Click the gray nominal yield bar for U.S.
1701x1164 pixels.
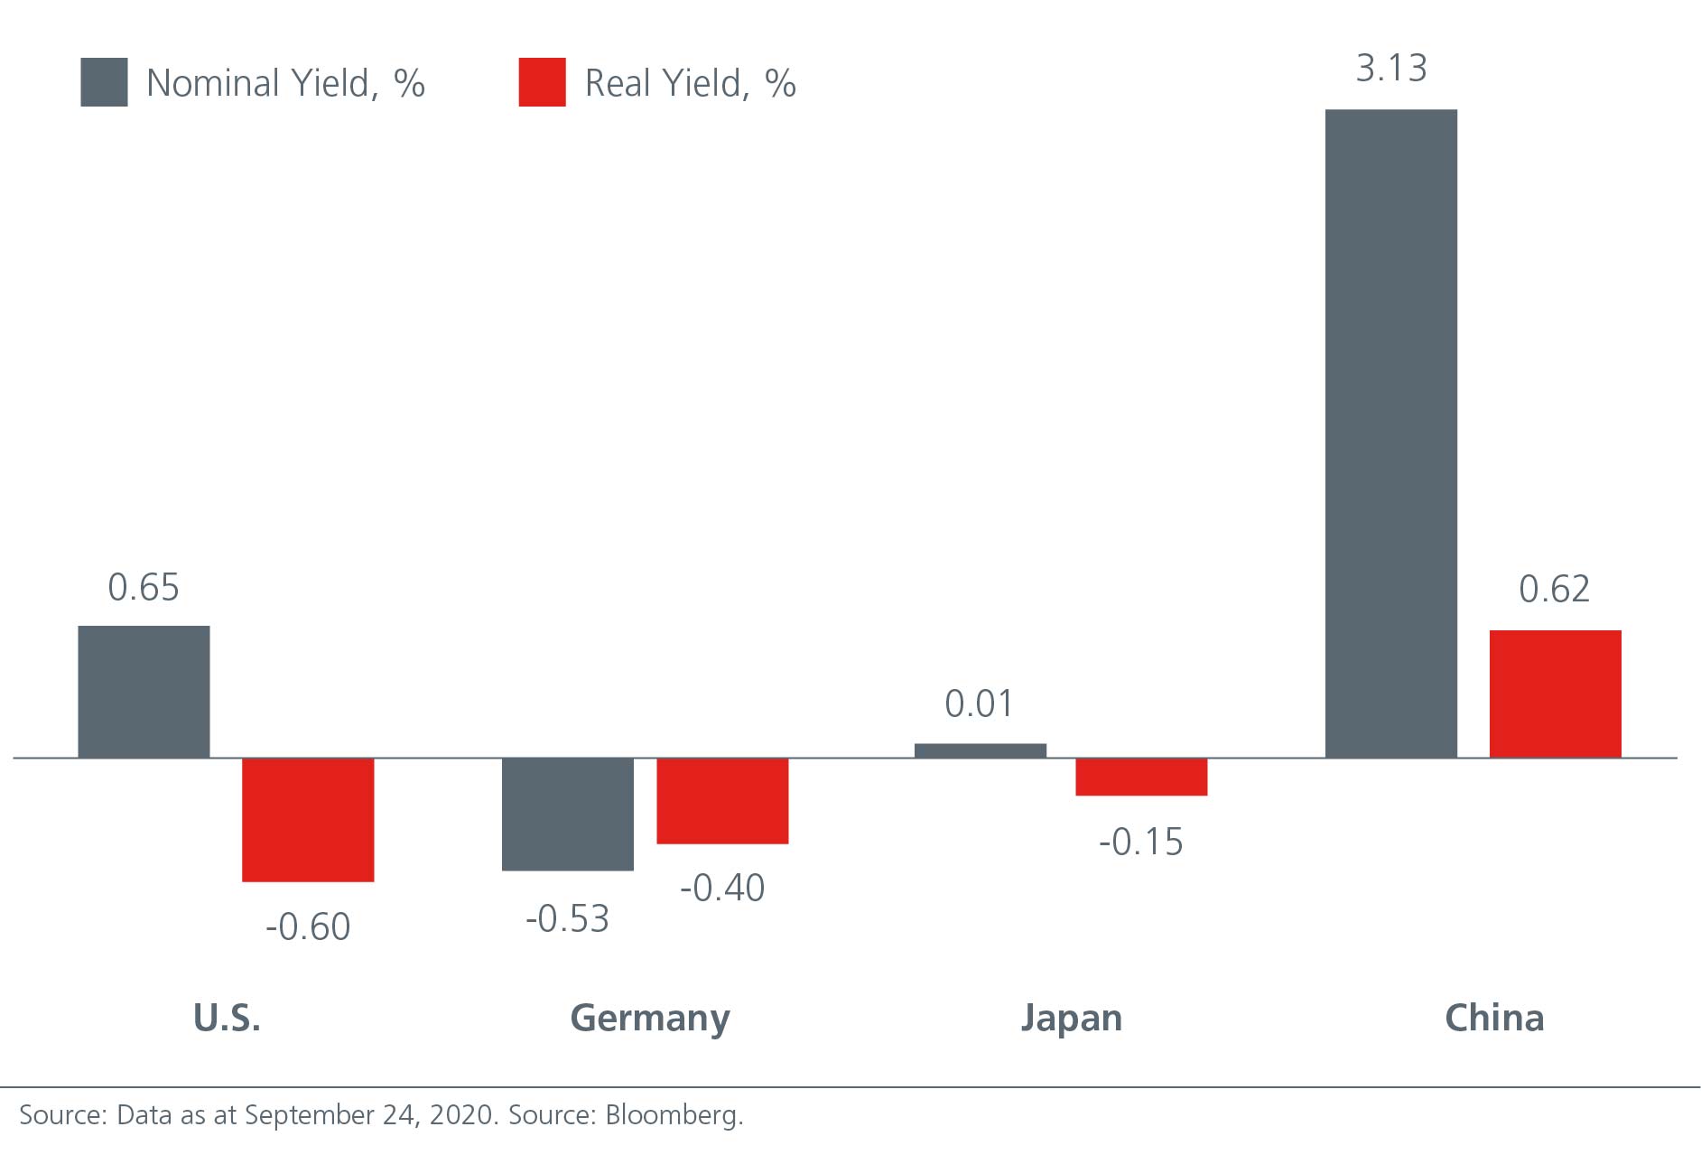[144, 691]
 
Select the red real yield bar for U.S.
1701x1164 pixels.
[308, 819]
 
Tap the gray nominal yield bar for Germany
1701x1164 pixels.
[567, 814]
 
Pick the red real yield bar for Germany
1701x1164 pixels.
[722, 800]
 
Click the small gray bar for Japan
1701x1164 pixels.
[980, 750]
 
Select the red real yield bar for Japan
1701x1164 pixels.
[1141, 777]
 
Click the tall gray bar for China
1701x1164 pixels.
[1390, 433]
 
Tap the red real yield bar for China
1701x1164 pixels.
[1555, 694]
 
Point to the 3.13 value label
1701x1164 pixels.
[1390, 69]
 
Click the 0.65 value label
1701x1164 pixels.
[144, 588]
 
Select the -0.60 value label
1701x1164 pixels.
[308, 927]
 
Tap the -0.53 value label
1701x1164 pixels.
[567, 919]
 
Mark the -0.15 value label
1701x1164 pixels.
[1140, 842]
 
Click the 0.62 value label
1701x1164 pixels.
[1554, 590]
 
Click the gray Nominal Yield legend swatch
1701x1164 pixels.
[104, 82]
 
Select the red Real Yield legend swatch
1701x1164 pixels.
[542, 82]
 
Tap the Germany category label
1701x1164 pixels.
[650, 1019]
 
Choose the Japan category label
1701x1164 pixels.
[1071, 1019]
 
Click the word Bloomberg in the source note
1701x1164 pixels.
[674, 1115]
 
